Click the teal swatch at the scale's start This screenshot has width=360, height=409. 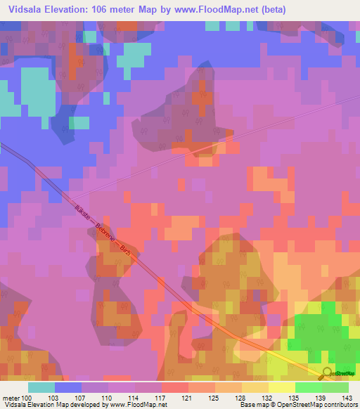coord(41,387)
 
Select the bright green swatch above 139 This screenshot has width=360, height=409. coord(308,387)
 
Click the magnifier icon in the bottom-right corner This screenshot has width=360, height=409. coord(327,375)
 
